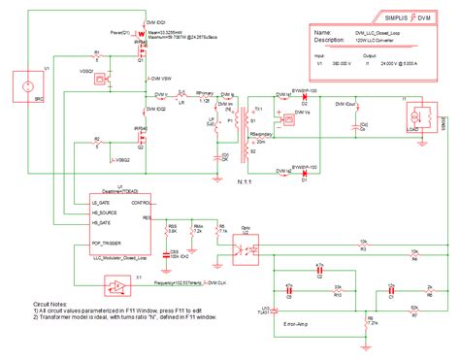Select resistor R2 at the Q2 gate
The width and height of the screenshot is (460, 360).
pyautogui.click(x=96, y=147)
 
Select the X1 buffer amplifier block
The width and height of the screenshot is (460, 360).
pyautogui.click(x=115, y=286)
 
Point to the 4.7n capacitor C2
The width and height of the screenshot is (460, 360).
pyautogui.click(x=289, y=296)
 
